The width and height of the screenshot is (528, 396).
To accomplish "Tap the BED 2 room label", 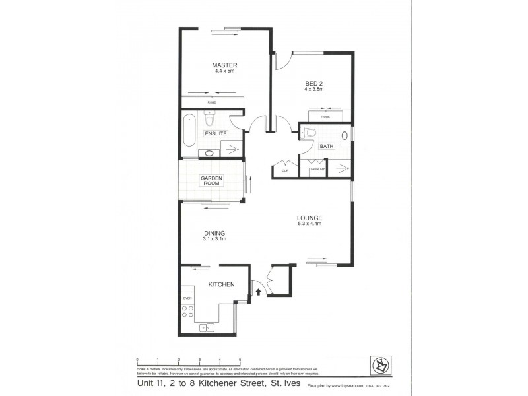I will (313, 82).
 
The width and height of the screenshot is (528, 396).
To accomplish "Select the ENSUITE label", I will (216, 133).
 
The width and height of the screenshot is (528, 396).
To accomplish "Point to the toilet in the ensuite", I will (210, 119).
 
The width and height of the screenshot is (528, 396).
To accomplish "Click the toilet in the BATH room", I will (310, 132).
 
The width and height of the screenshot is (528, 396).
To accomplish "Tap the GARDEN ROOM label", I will (212, 181).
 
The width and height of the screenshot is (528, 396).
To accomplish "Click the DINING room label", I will (214, 233).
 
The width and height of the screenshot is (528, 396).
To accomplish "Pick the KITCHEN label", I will (222, 284).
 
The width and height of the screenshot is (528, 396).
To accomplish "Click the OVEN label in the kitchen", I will (187, 298).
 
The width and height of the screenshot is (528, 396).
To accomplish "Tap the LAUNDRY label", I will (318, 170).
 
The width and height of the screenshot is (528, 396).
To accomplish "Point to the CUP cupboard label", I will (285, 170).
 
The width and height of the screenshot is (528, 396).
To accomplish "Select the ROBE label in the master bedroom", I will (212, 103).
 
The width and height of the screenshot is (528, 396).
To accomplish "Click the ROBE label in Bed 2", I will (325, 117).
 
